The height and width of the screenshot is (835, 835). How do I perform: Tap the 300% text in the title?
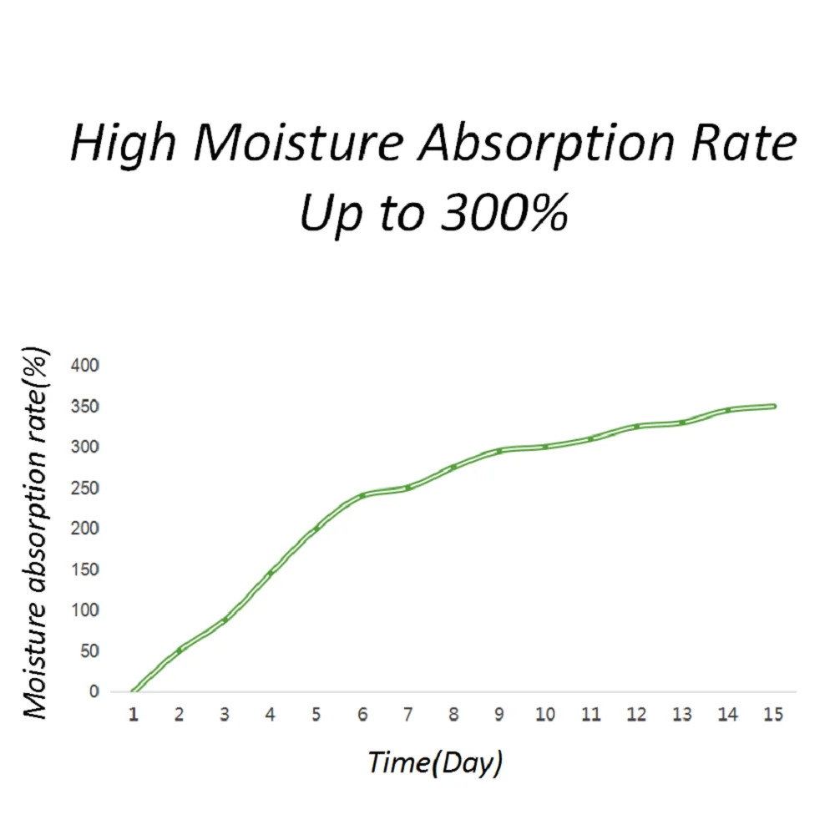505,212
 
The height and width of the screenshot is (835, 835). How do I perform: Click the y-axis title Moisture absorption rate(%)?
35,533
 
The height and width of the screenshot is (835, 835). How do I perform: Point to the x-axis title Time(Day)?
435,762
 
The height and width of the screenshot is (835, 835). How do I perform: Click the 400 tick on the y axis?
84,366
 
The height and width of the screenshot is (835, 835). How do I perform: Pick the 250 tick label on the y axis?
84,488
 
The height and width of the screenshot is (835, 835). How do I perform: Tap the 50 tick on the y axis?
89,650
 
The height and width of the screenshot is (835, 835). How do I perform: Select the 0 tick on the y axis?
94,691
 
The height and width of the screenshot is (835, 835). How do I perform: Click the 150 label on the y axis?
84,569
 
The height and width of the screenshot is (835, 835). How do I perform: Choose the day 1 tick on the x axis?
134,714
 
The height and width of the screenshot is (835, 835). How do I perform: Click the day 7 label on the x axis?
408,714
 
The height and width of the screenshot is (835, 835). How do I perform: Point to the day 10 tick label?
545,714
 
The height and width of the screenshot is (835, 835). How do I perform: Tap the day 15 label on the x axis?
773,714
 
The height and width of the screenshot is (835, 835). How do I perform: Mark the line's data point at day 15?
774,407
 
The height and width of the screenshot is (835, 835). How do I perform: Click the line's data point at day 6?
362,495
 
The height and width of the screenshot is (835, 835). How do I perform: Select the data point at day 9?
499,451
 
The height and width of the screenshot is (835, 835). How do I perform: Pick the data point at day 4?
271,573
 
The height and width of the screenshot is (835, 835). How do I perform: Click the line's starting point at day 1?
134,691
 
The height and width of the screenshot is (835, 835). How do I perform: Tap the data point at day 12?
636,427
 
